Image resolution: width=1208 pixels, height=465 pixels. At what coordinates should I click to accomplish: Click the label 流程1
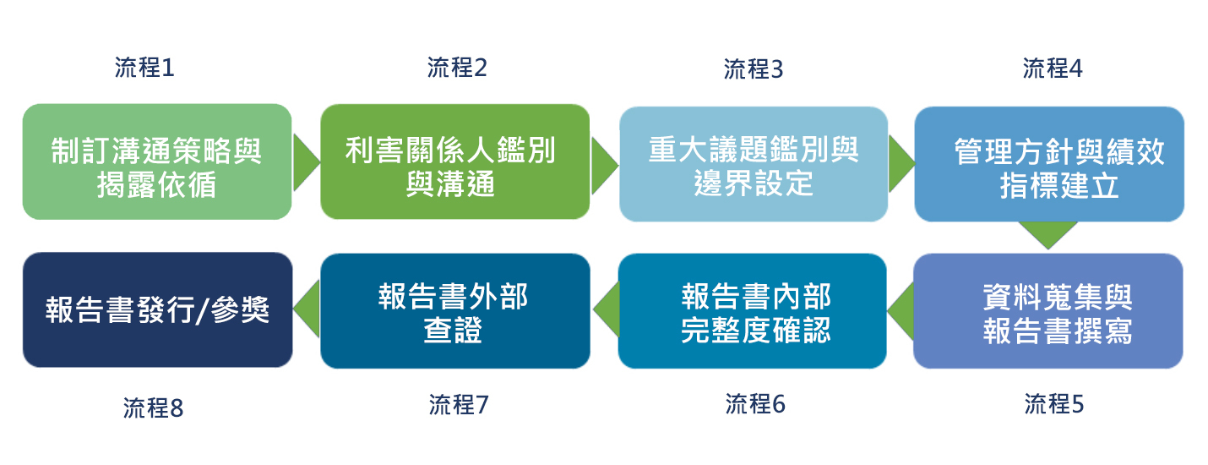[144, 68]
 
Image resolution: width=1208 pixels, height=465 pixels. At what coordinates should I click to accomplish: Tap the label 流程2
[457, 68]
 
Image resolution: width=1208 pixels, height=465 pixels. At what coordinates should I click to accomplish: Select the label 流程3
[754, 69]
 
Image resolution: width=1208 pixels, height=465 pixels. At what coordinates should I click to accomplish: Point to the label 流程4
[1052, 68]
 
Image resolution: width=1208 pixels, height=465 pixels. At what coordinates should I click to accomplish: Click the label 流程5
[1053, 404]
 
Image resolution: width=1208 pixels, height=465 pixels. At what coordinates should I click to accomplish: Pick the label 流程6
[755, 404]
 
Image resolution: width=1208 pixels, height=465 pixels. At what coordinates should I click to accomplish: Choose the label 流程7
[458, 405]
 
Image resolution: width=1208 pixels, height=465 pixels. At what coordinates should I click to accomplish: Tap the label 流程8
[153, 408]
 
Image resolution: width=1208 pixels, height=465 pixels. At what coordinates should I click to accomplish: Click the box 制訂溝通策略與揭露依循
[157, 161]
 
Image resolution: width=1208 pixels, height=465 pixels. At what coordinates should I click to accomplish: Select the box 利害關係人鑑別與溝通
[454, 161]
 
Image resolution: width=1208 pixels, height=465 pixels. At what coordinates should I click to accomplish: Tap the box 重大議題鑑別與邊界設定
[754, 164]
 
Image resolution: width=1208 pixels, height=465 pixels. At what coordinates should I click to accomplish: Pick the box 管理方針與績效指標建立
[1049, 164]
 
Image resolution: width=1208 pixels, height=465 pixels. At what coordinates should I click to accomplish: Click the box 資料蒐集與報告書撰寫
[1048, 311]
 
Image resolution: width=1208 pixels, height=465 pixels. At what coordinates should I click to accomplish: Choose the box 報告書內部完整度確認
[753, 311]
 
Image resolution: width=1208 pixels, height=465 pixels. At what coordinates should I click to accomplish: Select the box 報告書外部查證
[454, 311]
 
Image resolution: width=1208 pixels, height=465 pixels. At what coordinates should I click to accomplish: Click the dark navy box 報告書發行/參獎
[157, 309]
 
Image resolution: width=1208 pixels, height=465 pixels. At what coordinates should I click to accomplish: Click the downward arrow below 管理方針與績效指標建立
[1047, 234]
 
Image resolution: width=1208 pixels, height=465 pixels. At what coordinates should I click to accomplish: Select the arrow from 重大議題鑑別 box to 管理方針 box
[901, 163]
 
